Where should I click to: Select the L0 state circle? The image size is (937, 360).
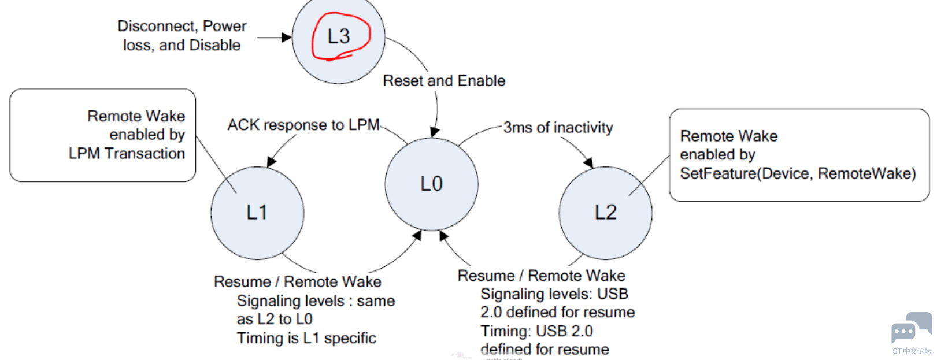tap(431, 184)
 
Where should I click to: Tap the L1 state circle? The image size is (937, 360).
tap(257, 213)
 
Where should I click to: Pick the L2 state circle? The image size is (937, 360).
tap(605, 213)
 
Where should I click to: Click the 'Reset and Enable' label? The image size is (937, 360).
tap(444, 81)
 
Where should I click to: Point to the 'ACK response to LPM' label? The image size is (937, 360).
tap(303, 125)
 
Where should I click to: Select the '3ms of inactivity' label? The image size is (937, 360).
tap(558, 128)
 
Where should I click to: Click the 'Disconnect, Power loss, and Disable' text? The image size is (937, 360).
tap(182, 36)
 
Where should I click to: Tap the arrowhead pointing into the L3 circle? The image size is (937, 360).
tap(287, 38)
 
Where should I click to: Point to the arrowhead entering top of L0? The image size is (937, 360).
tap(435, 132)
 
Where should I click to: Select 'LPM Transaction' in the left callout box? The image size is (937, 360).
tap(127, 154)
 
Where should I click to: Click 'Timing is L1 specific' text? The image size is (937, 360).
tap(306, 338)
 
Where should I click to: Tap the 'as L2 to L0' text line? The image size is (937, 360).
tap(275, 320)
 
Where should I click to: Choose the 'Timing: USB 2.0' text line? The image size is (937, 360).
tap(536, 331)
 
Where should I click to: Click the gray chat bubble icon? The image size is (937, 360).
tap(910, 328)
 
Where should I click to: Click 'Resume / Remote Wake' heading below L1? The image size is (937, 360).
tap(297, 282)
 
